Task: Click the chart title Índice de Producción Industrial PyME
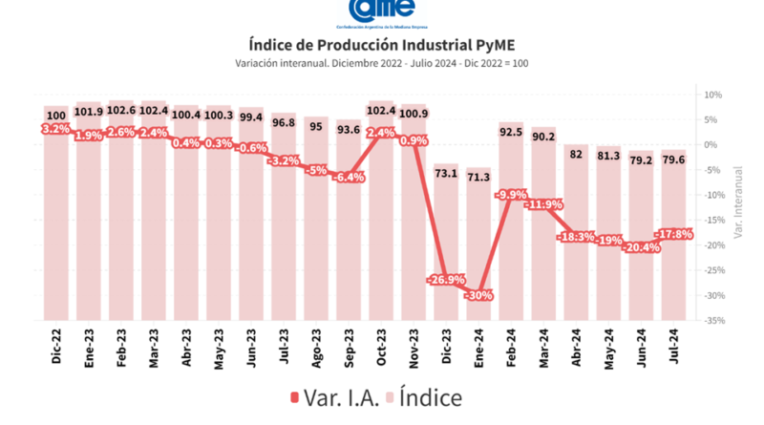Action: pos(382,44)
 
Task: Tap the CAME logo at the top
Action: pos(382,9)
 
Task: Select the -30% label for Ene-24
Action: pos(478,295)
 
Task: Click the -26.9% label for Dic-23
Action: pos(445,280)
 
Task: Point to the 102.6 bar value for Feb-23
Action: pos(121,111)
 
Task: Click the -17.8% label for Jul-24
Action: pos(673,234)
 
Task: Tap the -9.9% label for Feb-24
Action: pos(512,195)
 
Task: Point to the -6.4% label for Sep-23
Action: pos(348,177)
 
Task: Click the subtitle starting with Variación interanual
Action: pos(382,63)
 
